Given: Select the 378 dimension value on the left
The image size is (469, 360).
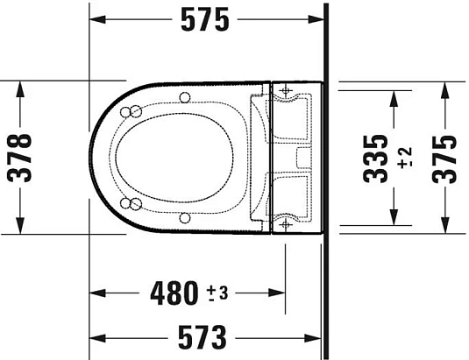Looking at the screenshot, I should tap(19, 158).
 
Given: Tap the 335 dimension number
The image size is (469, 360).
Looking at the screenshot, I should tap(374, 158).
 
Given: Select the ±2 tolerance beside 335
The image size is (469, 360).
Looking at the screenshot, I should tap(404, 158).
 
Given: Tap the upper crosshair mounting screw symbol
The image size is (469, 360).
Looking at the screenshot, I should tap(284, 89).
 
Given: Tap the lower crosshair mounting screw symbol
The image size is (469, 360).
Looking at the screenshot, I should tap(284, 225).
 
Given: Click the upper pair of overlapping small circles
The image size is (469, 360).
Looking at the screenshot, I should tap(135, 110).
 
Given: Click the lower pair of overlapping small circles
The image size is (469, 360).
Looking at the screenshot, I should tap(135, 205).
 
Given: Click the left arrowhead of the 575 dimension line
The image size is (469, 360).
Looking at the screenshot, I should tap(96, 19).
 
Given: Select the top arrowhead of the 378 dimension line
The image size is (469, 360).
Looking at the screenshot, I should tap(20, 86).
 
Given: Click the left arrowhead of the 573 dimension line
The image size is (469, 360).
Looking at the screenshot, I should tap(96, 335).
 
